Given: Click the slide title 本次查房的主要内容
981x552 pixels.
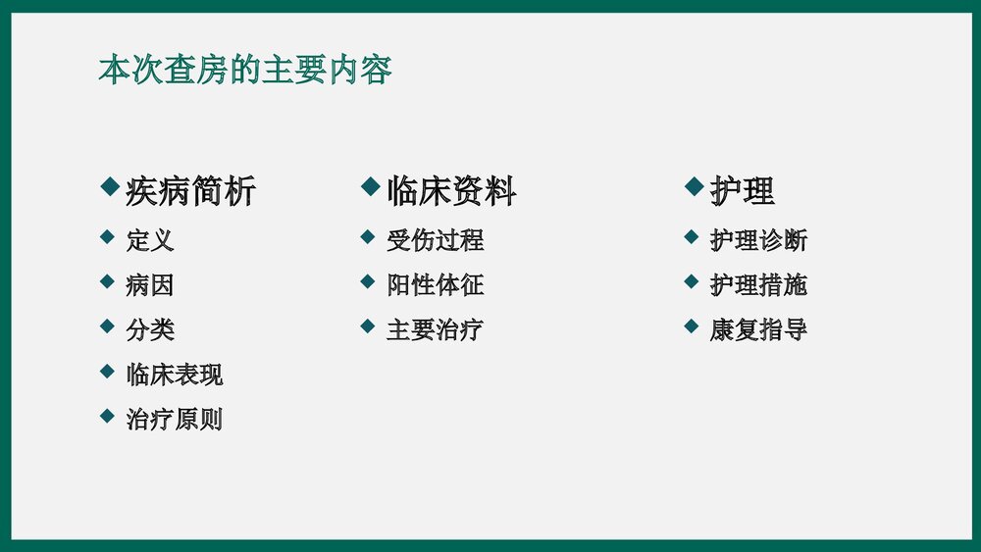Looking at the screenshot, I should click(245, 71).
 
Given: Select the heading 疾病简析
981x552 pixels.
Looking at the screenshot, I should click(190, 191).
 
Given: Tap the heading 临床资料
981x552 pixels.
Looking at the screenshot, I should click(451, 191).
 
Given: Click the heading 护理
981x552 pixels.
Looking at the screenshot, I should click(742, 191).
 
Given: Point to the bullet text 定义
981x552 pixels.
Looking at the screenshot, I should click(150, 240).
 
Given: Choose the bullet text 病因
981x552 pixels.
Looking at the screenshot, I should click(150, 285).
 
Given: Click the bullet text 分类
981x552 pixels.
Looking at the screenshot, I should click(150, 329).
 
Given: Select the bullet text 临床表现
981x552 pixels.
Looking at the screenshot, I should click(175, 375).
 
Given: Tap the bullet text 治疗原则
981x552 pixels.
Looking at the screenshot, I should click(175, 420).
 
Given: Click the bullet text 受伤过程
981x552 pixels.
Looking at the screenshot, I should click(435, 240).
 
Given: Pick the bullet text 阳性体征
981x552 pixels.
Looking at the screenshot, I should click(435, 285).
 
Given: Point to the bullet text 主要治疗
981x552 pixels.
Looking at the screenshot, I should click(435, 329).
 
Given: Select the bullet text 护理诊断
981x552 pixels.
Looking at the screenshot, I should click(758, 240).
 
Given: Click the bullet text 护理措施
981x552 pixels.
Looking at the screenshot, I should click(758, 285).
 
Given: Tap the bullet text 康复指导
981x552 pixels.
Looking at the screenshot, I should click(758, 329).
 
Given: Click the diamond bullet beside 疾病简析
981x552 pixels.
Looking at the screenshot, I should click(110, 185).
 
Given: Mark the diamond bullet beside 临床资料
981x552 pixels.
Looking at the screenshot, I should click(370, 185).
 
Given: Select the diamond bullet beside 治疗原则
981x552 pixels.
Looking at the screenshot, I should click(108, 416).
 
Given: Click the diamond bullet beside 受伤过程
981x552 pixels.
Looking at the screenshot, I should click(368, 236).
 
